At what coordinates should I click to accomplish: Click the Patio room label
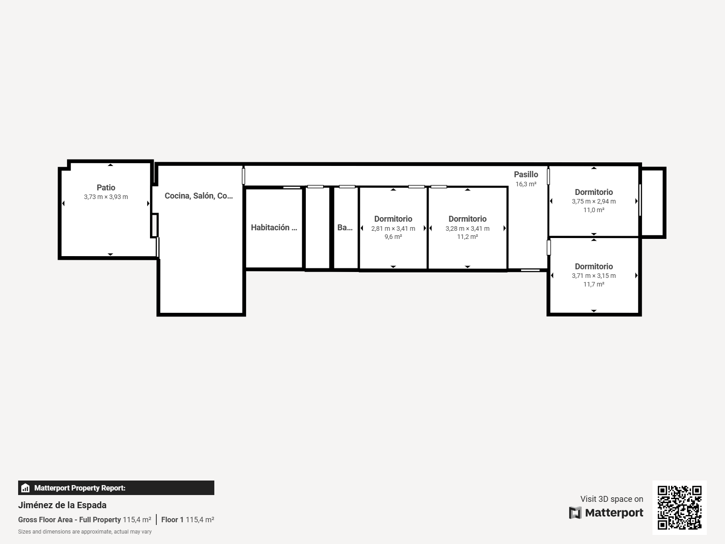[106, 188]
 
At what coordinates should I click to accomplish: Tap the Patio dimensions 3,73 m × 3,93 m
[106, 197]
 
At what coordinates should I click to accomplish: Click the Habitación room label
[274, 227]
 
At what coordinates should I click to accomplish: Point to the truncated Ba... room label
[345, 227]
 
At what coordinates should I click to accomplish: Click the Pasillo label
[526, 175]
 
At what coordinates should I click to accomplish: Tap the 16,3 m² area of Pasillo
[526, 184]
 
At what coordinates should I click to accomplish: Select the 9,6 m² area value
[393, 237]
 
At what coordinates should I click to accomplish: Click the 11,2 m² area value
[467, 237]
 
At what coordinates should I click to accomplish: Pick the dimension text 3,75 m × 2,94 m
[594, 201]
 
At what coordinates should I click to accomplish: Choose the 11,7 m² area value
[594, 284]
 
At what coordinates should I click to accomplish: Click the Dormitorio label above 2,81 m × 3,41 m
[393, 219]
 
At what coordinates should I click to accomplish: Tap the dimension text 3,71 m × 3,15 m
[594, 276]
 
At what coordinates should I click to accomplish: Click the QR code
[679, 507]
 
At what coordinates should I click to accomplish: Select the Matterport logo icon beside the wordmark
[575, 513]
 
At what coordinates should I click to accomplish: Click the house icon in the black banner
[25, 488]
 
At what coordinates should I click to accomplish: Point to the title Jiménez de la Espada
[62, 505]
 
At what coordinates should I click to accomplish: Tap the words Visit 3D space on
[612, 499]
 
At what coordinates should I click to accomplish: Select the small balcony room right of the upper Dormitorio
[652, 203]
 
